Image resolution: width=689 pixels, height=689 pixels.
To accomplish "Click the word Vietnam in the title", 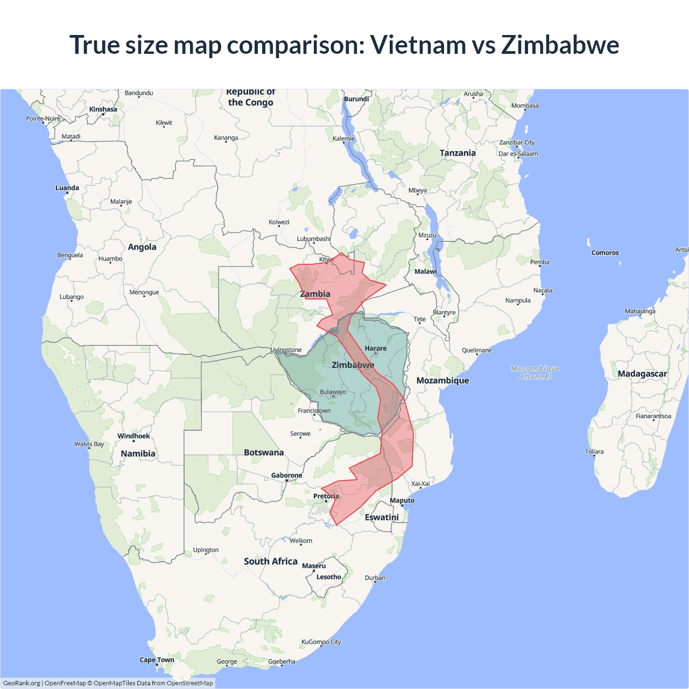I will click(x=418, y=45).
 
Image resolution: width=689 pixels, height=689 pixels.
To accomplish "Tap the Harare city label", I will click(x=375, y=348).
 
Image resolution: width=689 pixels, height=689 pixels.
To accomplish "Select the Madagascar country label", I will click(x=642, y=374).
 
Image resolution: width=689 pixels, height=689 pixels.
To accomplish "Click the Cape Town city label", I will click(x=157, y=659).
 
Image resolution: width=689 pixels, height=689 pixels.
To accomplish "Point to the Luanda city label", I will click(x=67, y=188).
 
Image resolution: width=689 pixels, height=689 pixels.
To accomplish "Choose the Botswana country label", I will click(x=263, y=452).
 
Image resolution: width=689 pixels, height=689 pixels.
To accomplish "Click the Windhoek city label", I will click(x=133, y=436).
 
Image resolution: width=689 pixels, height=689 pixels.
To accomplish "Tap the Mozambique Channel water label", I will click(x=536, y=372).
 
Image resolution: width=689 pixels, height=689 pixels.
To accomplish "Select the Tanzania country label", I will click(x=458, y=153).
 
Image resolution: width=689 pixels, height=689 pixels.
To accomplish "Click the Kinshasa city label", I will click(x=103, y=109).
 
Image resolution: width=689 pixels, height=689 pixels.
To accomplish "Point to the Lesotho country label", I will click(x=328, y=577).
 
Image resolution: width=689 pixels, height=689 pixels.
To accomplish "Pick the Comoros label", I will click(x=604, y=252).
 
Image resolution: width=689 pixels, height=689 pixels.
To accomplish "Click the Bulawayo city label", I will click(x=333, y=392).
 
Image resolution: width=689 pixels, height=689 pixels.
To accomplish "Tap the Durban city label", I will click(x=375, y=578).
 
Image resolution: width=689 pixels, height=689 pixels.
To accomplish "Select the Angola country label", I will click(x=142, y=247).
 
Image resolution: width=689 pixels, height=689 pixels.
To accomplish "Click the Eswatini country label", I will click(x=382, y=517).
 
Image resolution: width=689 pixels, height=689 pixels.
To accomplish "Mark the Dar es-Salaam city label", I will click(x=518, y=153).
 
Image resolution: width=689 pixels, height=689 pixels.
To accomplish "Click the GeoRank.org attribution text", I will click(x=22, y=683).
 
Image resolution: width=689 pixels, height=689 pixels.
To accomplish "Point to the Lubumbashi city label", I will click(x=314, y=239).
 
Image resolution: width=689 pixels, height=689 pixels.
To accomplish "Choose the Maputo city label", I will click(x=402, y=501).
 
